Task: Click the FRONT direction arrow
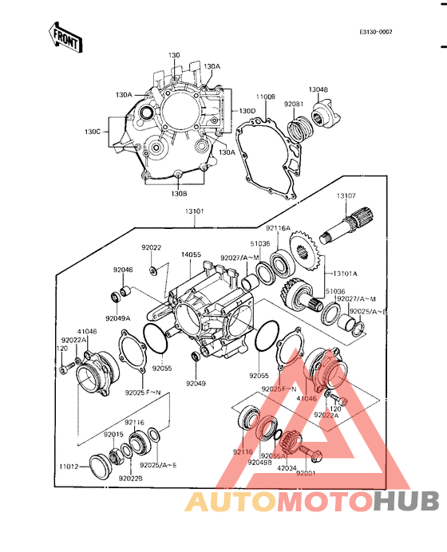[x=65, y=37]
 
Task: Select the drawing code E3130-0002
[x=375, y=33]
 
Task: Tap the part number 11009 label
[x=266, y=97]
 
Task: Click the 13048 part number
[x=318, y=89]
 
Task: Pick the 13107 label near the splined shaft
[x=346, y=195]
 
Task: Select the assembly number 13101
[x=196, y=211]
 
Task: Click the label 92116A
[x=279, y=227]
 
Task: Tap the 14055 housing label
[x=190, y=254]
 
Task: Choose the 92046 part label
[x=123, y=270]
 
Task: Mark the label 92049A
[x=117, y=317]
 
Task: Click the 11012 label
[x=68, y=465]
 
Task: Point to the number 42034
[x=286, y=468]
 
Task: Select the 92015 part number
[x=113, y=434]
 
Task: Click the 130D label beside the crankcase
[x=247, y=111]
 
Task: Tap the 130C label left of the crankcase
[x=93, y=132]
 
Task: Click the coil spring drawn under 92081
[x=299, y=127]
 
